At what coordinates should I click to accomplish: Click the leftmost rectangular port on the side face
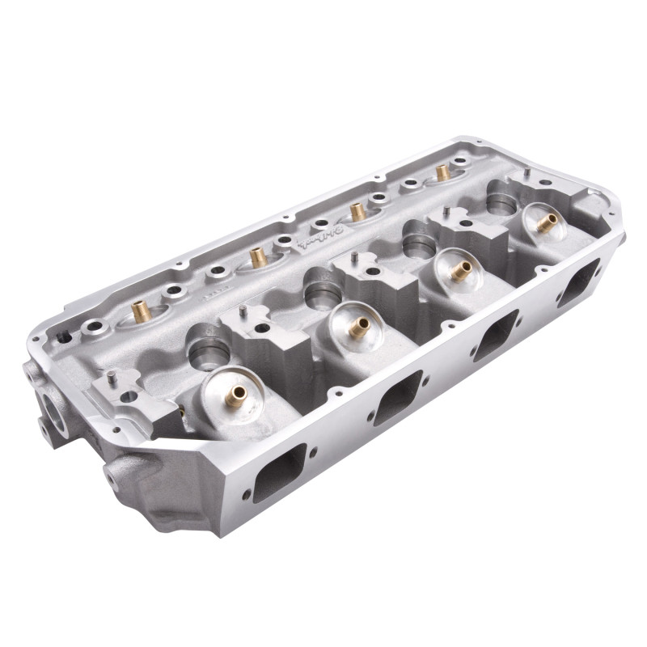tap(279, 472)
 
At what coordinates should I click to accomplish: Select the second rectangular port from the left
tap(399, 402)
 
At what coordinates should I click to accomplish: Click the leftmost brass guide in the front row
tap(237, 395)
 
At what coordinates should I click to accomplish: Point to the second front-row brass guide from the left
tap(358, 326)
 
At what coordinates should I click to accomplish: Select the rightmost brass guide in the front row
tap(547, 223)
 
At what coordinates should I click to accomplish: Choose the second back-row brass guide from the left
tap(258, 257)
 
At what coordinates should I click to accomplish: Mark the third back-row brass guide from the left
tap(357, 212)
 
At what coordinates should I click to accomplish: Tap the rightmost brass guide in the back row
tap(442, 172)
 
